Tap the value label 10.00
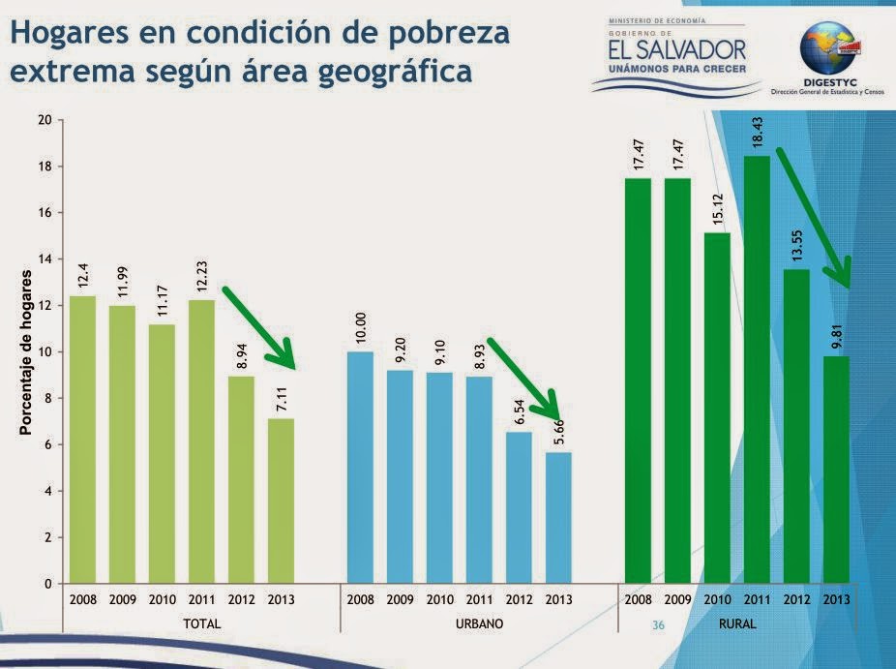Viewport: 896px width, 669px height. [x=361, y=322]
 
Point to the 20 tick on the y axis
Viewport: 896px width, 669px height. [x=44, y=120]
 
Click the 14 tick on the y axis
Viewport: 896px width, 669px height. [x=44, y=259]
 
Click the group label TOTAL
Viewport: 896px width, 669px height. [x=202, y=625]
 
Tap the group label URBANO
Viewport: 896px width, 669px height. [x=479, y=625]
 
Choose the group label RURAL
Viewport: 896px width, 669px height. [x=737, y=625]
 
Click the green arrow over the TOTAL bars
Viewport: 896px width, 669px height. [x=259, y=326]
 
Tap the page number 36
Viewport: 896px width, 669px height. [x=659, y=625]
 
